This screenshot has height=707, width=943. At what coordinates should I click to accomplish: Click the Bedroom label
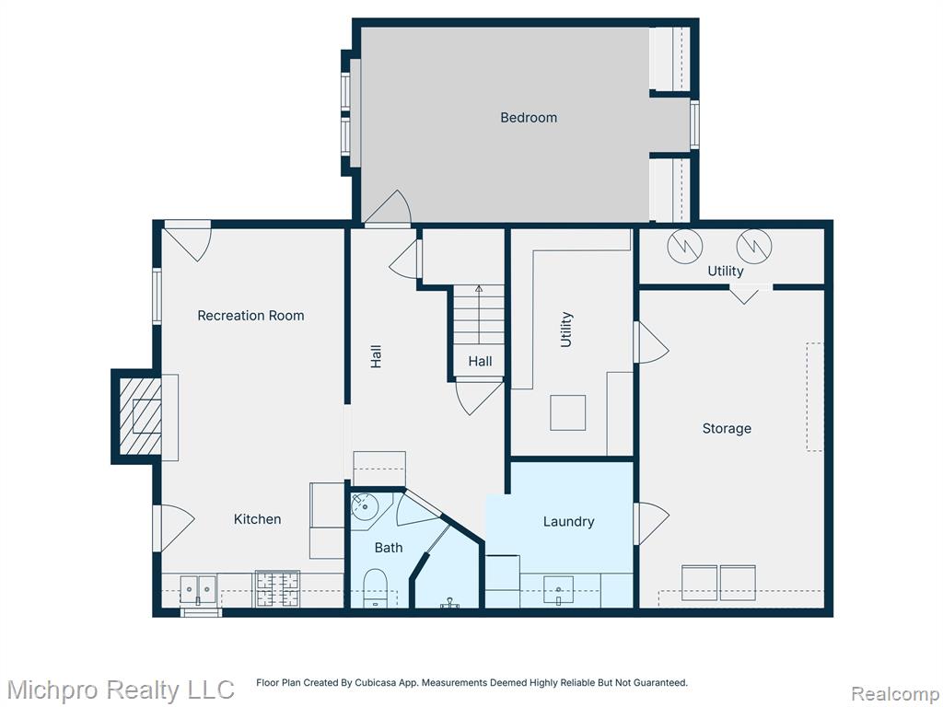(529, 117)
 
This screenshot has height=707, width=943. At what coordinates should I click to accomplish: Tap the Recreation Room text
(250, 315)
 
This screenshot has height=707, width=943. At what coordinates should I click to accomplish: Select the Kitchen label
(257, 519)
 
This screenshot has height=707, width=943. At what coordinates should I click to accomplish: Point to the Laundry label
(568, 522)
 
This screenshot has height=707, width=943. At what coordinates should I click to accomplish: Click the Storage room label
(727, 428)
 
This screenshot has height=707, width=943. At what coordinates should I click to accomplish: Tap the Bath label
(389, 547)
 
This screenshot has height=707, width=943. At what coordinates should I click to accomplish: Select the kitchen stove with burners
(277, 588)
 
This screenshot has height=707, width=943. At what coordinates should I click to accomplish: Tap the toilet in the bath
(376, 587)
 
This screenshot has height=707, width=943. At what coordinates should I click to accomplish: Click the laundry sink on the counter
(558, 590)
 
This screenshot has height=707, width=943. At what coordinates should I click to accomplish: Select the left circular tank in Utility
(685, 245)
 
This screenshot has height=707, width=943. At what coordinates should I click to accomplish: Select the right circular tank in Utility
(754, 245)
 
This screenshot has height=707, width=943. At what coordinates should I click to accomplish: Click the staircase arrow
(479, 315)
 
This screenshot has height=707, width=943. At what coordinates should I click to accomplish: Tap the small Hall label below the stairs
(480, 361)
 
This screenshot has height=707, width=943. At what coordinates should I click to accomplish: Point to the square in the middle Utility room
(567, 412)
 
